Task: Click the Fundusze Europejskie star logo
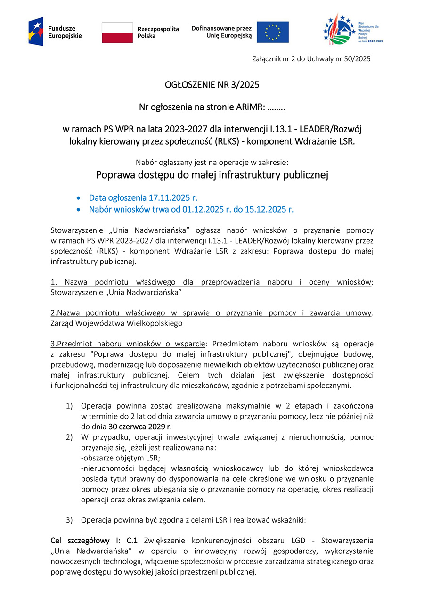[36, 32]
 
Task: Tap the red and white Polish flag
[117, 32]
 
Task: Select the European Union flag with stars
[272, 32]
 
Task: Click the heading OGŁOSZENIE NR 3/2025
[212, 85]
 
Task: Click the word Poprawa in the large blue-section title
[115, 175]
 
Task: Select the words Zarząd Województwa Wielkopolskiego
[116, 323]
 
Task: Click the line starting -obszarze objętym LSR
[121, 458]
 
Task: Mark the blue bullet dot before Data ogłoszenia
[79, 198]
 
